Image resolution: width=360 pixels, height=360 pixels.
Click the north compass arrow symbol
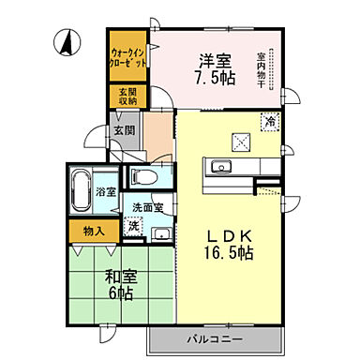coord(67,41)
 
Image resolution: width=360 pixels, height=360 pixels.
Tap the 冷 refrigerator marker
coord(270,120)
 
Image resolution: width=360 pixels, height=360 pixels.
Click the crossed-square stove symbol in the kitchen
coord(241,142)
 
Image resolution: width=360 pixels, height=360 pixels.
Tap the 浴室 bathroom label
coord(104,191)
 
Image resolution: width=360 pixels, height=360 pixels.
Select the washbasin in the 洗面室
coord(161,233)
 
